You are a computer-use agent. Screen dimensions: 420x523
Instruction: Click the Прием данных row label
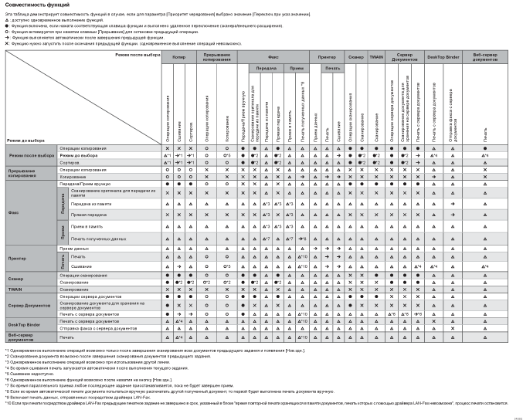[x=73, y=249]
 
